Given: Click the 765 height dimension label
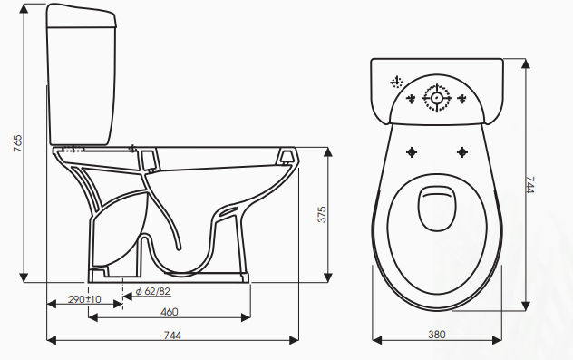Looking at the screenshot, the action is pos(17,143).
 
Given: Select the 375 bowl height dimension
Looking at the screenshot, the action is pos(322,215).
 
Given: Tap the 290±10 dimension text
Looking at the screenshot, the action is pos(84,299).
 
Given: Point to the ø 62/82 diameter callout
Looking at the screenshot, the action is pos(152,291).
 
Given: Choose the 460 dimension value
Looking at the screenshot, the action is pos(170,312).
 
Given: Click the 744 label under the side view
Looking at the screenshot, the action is pos(172,336).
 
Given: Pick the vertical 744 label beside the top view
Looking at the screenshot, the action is pos(530,185).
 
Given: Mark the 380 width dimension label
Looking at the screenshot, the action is pos(437,335).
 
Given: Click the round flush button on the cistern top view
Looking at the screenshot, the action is pos(436,98).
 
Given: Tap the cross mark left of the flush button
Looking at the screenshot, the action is pos(411,98).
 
